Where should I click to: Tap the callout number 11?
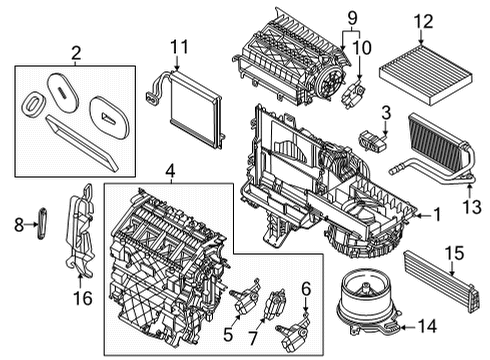(179, 46)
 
